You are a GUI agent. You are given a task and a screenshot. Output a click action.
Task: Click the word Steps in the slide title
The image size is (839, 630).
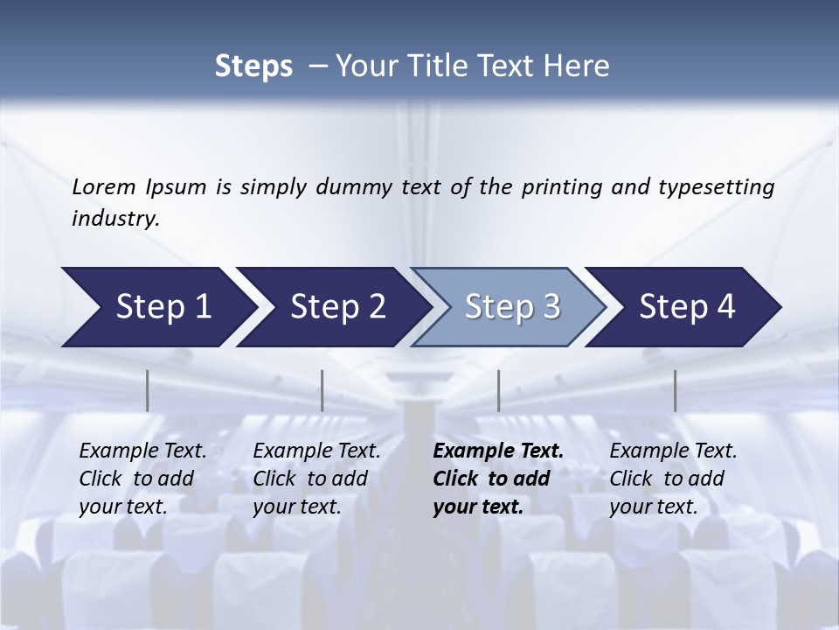pos(253,66)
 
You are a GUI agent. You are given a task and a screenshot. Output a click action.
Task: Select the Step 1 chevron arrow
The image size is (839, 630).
pos(157,306)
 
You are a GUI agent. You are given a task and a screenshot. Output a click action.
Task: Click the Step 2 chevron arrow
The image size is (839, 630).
pos(334,306)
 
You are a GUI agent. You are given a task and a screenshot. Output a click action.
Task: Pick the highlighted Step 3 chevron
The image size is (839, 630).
pos(509,306)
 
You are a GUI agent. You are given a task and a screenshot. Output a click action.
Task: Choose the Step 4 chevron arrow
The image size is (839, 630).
pos(685,306)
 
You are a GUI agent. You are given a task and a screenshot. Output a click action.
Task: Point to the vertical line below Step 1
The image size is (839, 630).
pos(148,390)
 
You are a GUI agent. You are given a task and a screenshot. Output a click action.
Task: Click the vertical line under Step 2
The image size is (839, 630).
pos(322,390)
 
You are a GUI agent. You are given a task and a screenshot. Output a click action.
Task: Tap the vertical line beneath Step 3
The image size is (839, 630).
pos(499,390)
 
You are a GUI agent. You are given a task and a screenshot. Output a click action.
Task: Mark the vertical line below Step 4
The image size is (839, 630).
pos(676,390)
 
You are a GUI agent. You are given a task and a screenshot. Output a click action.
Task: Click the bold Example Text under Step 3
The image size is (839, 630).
pos(498,451)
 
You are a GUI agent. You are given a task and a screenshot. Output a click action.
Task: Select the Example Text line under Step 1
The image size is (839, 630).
pos(142,451)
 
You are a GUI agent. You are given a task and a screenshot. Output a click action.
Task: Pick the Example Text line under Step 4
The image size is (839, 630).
pos(673,451)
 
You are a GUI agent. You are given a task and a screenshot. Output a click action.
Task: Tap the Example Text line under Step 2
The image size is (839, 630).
pos(316,451)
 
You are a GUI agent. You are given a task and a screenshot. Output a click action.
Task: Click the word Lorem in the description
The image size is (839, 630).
pos(104,186)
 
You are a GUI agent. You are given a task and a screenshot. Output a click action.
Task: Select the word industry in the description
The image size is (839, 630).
pos(114,218)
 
